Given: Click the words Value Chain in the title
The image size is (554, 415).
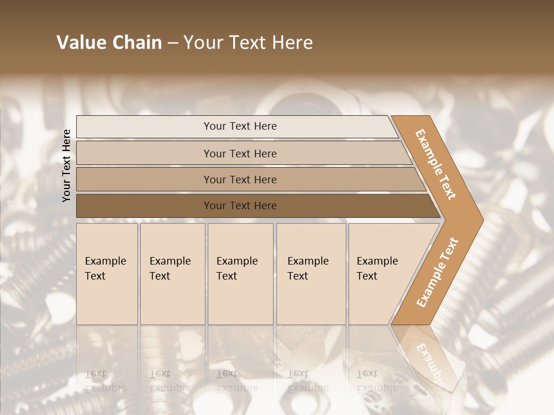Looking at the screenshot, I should [109, 43].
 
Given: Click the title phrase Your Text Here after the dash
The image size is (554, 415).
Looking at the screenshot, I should [248, 43].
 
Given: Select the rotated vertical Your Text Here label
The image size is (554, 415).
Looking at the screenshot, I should [66, 165].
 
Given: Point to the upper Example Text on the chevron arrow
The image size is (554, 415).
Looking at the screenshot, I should [436, 164].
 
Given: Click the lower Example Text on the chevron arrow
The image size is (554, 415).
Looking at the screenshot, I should [437, 272].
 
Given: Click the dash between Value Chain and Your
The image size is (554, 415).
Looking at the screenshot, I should [173, 43].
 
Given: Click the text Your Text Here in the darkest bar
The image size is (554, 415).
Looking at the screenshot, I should [240, 206].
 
